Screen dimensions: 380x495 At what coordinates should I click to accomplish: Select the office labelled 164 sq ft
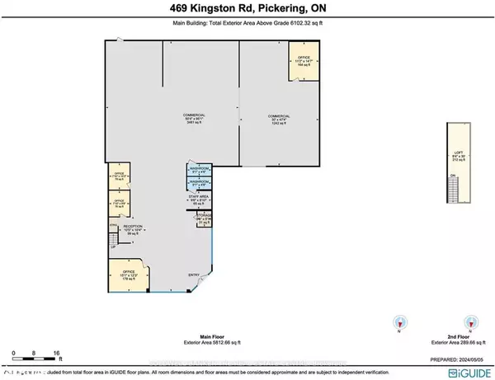coord(302,63)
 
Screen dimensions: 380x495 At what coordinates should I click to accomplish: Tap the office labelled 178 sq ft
coord(127,276)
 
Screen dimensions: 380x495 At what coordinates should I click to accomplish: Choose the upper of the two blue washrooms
coord(200,171)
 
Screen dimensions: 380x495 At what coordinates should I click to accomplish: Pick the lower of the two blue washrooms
coord(200,184)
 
